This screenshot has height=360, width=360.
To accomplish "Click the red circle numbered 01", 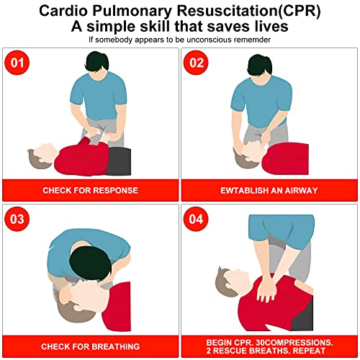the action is point(17,63).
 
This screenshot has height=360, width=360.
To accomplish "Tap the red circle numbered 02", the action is point(196,63).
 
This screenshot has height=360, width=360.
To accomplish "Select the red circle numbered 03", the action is point(17,219).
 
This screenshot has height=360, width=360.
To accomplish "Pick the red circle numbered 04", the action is point(196,219).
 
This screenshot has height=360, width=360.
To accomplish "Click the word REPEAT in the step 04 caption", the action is point(309,351).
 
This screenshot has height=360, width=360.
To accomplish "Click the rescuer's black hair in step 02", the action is point(260,64).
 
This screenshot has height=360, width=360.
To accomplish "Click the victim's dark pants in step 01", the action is point(119,161).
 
